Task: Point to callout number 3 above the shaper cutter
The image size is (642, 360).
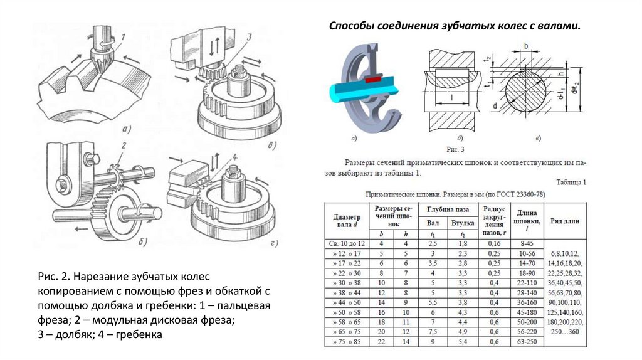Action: (x=249, y=37)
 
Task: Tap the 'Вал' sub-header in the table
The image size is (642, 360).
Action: (x=433, y=223)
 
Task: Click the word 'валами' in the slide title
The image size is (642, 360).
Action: (x=559, y=26)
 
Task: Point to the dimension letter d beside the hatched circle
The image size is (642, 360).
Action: (x=495, y=107)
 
